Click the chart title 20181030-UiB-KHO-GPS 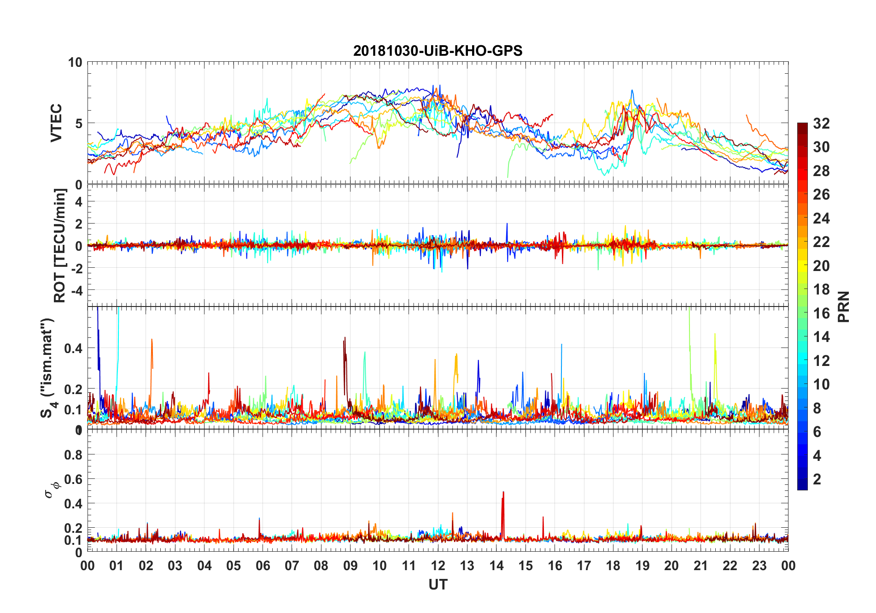[x=438, y=51]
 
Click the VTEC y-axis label [x=56, y=123]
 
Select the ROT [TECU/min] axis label [x=60, y=246]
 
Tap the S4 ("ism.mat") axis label [x=47, y=368]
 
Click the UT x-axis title [x=438, y=585]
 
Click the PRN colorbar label [x=843, y=306]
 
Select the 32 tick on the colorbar [x=821, y=124]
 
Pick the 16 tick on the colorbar [x=821, y=313]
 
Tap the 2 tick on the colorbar [x=817, y=479]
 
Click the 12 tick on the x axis [x=438, y=566]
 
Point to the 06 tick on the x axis [x=263, y=566]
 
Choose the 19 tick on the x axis [x=642, y=566]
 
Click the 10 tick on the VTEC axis [x=75, y=63]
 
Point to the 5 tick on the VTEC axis [x=79, y=124]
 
